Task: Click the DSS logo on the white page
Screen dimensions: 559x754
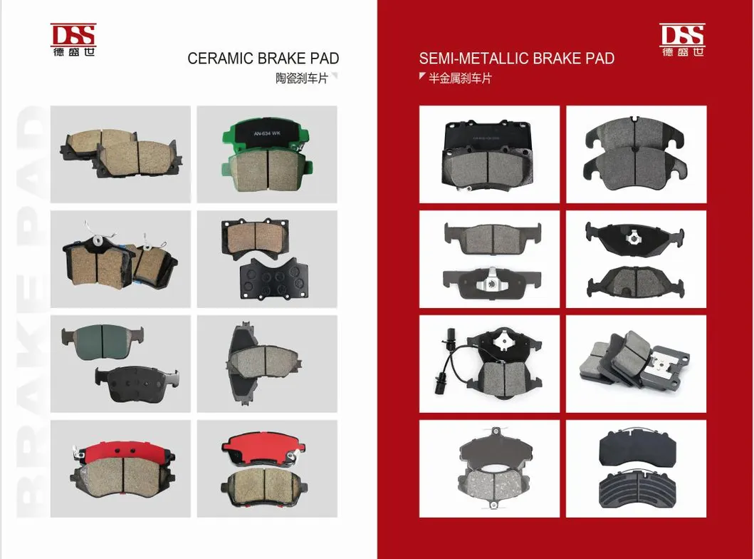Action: tap(73, 39)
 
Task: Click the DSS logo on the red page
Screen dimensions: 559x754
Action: tap(681, 40)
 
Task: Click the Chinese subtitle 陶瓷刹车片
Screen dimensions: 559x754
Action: tap(301, 78)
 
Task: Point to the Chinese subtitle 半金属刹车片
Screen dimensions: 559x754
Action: tap(460, 78)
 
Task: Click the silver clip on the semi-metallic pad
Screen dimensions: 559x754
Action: tap(488, 282)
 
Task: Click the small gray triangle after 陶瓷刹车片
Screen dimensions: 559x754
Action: tap(335, 76)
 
